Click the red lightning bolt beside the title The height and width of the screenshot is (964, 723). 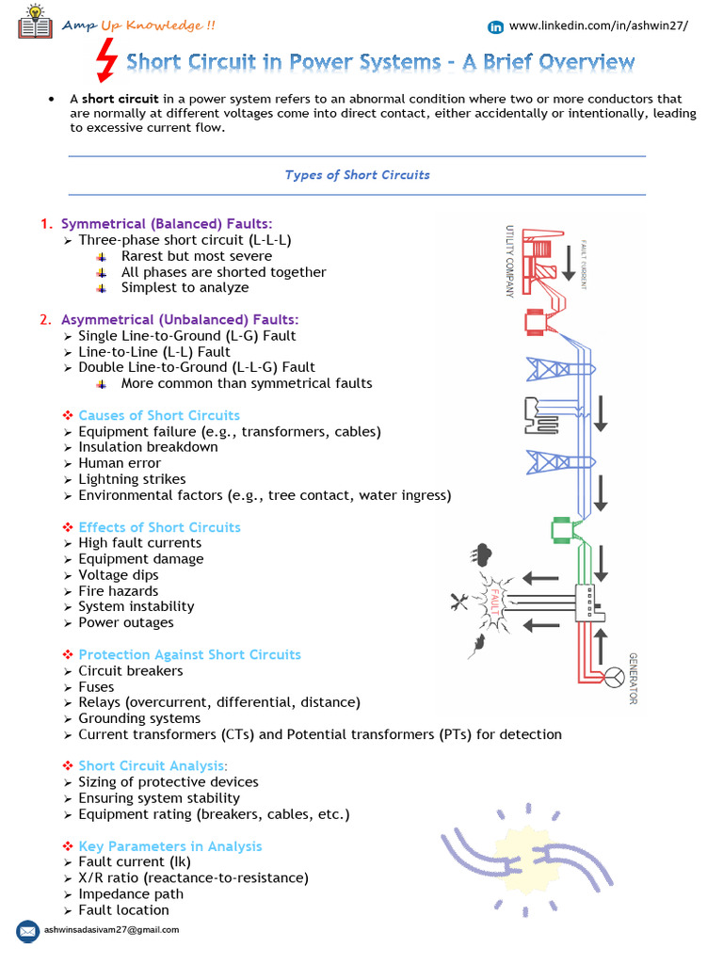tap(108, 64)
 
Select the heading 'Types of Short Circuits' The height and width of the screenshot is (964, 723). tap(357, 175)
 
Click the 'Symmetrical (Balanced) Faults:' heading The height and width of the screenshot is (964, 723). tap(167, 224)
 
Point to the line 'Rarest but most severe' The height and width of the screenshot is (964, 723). tap(196, 256)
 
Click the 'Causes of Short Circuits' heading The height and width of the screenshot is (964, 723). tap(158, 415)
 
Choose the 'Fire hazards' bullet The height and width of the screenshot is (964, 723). tap(118, 591)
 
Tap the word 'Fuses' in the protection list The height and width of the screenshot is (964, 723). tap(96, 687)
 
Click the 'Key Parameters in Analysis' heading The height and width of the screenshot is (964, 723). tap(169, 846)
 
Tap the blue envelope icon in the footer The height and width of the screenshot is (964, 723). tap(28, 930)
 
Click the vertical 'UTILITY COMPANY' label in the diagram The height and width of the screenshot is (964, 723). tap(509, 262)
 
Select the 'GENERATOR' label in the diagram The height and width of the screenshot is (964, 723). tap(634, 678)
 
